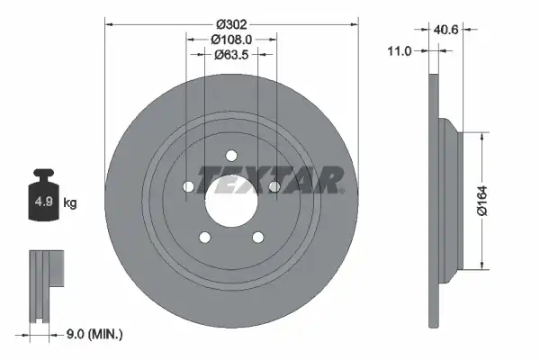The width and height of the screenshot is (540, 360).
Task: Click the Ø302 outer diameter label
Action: pos(231,24)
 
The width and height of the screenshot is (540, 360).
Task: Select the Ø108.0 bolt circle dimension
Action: pos(231,40)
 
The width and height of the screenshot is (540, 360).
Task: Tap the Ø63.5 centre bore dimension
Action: pos(231,55)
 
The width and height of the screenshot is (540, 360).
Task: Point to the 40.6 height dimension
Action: pos(446,30)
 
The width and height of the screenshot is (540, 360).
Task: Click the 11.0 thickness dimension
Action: pos(400,51)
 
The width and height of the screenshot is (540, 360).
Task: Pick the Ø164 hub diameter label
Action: pos(482,201)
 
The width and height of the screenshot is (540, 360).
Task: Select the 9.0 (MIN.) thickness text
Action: pos(94,334)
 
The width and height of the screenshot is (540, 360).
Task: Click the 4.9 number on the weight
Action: pos(43,202)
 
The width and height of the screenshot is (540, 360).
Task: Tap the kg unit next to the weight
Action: pos(70,202)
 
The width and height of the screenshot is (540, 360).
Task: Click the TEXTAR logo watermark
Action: pos(270,180)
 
